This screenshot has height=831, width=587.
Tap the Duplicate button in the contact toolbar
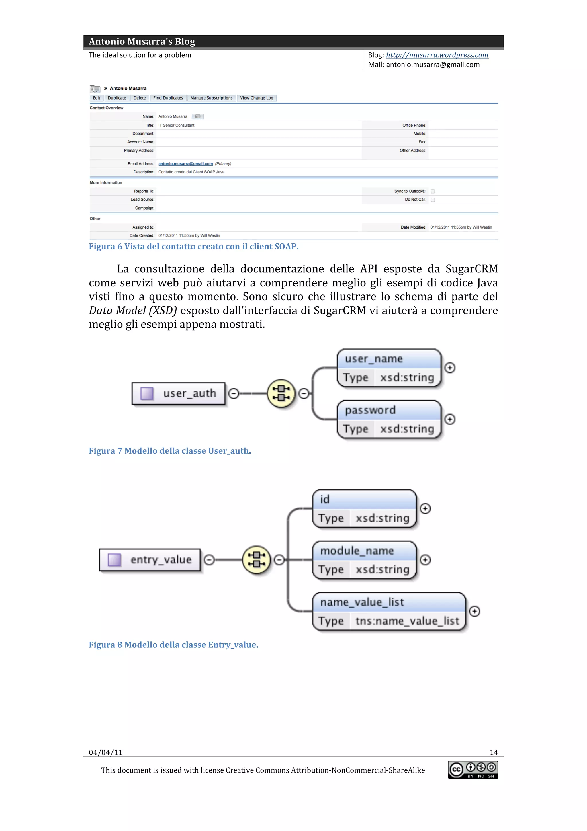[x=117, y=98]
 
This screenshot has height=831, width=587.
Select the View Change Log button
[x=257, y=98]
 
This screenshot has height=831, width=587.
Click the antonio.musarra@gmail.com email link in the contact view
[x=185, y=164]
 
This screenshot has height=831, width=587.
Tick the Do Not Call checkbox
[x=433, y=200]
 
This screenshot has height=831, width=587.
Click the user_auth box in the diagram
[x=179, y=393]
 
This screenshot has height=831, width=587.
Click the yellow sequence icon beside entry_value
[x=257, y=560]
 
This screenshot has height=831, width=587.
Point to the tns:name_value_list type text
[x=407, y=621]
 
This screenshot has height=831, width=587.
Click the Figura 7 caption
[x=170, y=451]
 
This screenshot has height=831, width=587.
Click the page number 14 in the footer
[x=494, y=752]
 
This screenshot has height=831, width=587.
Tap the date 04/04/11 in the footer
[x=105, y=752]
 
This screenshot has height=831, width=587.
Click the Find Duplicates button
[x=168, y=98]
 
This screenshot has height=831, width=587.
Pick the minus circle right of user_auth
[x=234, y=393]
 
